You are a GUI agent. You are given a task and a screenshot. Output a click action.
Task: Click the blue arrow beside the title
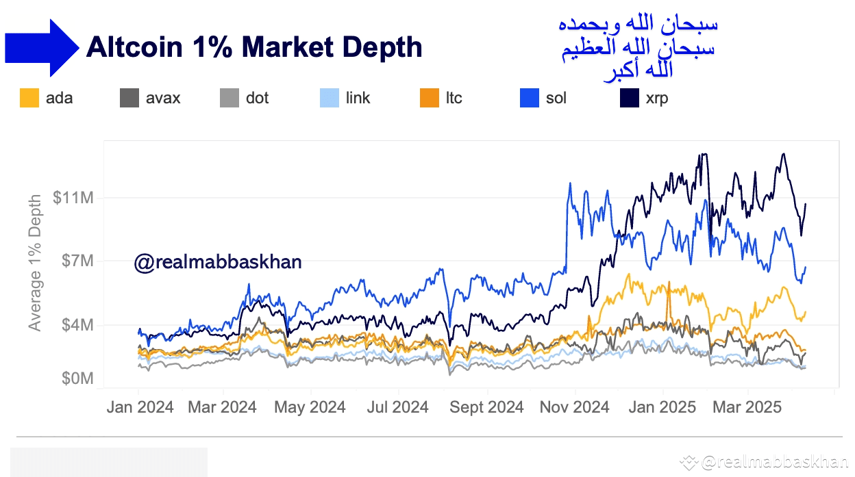(41, 47)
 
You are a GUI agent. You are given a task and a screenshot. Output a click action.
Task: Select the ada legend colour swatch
(29, 98)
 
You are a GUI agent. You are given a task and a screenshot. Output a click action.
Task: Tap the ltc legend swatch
(430, 98)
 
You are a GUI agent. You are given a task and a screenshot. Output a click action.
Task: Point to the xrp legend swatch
(630, 98)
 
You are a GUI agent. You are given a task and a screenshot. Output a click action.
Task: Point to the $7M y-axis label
(77, 261)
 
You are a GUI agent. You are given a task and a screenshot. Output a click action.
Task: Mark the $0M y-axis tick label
(77, 378)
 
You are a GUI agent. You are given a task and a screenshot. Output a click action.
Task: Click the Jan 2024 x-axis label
(140, 407)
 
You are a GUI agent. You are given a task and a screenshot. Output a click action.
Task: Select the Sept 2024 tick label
(486, 407)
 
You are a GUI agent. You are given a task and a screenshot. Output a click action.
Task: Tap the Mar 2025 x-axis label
(747, 407)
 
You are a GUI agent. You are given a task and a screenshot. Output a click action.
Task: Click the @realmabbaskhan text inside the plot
(218, 261)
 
